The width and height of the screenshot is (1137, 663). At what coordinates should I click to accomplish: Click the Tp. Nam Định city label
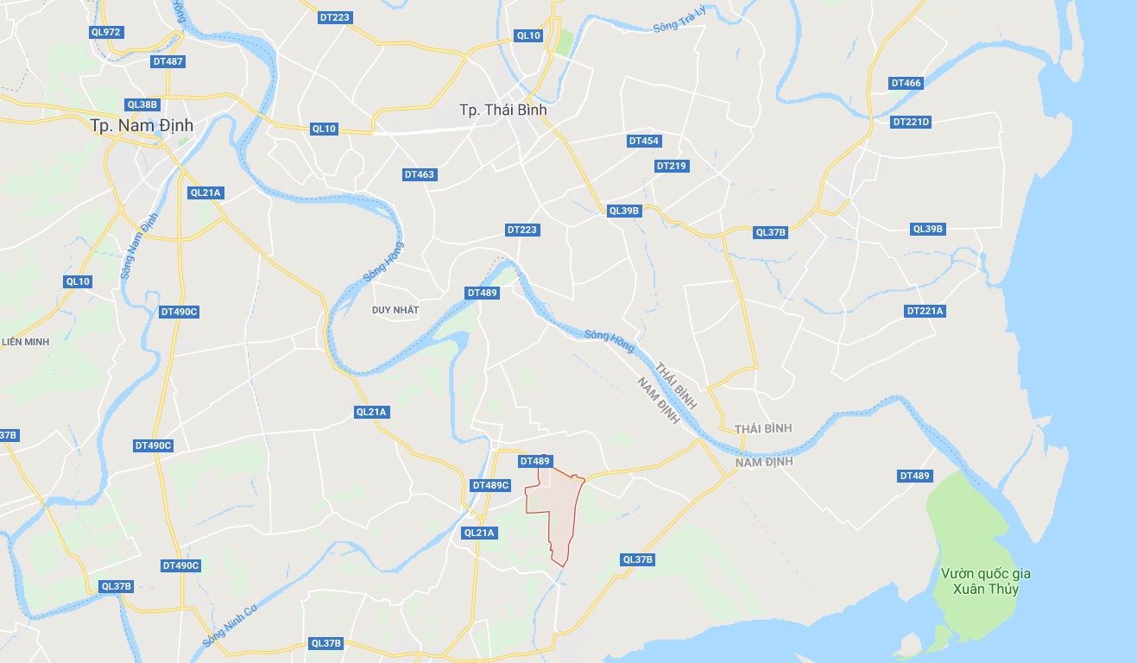coord(142,125)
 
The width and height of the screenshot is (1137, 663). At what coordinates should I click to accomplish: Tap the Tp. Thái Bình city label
coord(502,110)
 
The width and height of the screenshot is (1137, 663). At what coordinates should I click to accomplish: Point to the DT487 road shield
coord(167,61)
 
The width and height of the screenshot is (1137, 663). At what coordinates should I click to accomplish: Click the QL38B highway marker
coord(142,104)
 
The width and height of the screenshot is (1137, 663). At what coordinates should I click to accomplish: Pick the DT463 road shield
coord(420,174)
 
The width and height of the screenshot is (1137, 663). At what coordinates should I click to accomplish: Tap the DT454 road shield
coord(643,141)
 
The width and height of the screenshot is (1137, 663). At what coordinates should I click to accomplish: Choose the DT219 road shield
coord(671,166)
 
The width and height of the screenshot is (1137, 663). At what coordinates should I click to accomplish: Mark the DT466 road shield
coord(906,83)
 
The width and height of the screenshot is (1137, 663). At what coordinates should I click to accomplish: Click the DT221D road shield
coord(911,122)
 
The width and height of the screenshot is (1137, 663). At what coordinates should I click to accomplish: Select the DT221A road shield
coord(925,311)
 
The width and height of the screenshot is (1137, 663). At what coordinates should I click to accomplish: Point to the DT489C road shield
coord(491,485)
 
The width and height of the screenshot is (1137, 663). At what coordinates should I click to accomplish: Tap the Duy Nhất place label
coord(395,310)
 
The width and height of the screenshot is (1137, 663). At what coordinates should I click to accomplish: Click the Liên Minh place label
coord(25,342)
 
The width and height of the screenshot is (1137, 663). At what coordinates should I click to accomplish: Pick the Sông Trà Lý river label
coord(679,26)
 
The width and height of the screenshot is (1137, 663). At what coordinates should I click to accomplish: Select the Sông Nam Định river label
coord(140,244)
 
